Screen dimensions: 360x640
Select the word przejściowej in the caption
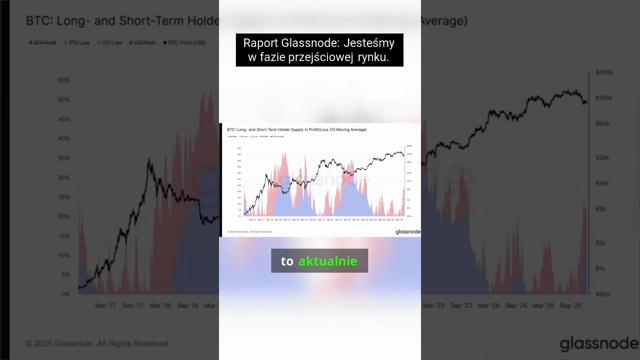pos(321,57)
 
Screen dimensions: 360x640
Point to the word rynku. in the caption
pos(373,57)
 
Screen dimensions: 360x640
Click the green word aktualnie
pos(327,261)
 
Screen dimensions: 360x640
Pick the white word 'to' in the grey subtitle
pos(287,261)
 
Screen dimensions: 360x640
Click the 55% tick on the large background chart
pos(64,80)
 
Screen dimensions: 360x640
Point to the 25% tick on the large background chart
pos(64,197)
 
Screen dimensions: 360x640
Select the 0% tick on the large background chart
pos(65,294)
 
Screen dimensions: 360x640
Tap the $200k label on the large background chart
pos(604,72)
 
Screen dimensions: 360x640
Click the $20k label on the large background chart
pos(602,157)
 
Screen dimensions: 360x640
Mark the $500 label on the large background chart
pos(602,294)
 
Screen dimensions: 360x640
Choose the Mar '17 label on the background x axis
pos(105,305)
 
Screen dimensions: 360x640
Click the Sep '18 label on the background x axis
pos(187,305)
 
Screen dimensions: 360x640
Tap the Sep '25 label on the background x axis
pos(570,305)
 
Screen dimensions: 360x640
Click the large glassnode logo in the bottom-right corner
pos(599,344)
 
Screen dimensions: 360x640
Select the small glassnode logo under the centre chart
pos(407,231)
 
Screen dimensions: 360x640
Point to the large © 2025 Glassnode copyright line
pos(97,343)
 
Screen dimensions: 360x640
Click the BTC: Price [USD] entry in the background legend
pos(184,42)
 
